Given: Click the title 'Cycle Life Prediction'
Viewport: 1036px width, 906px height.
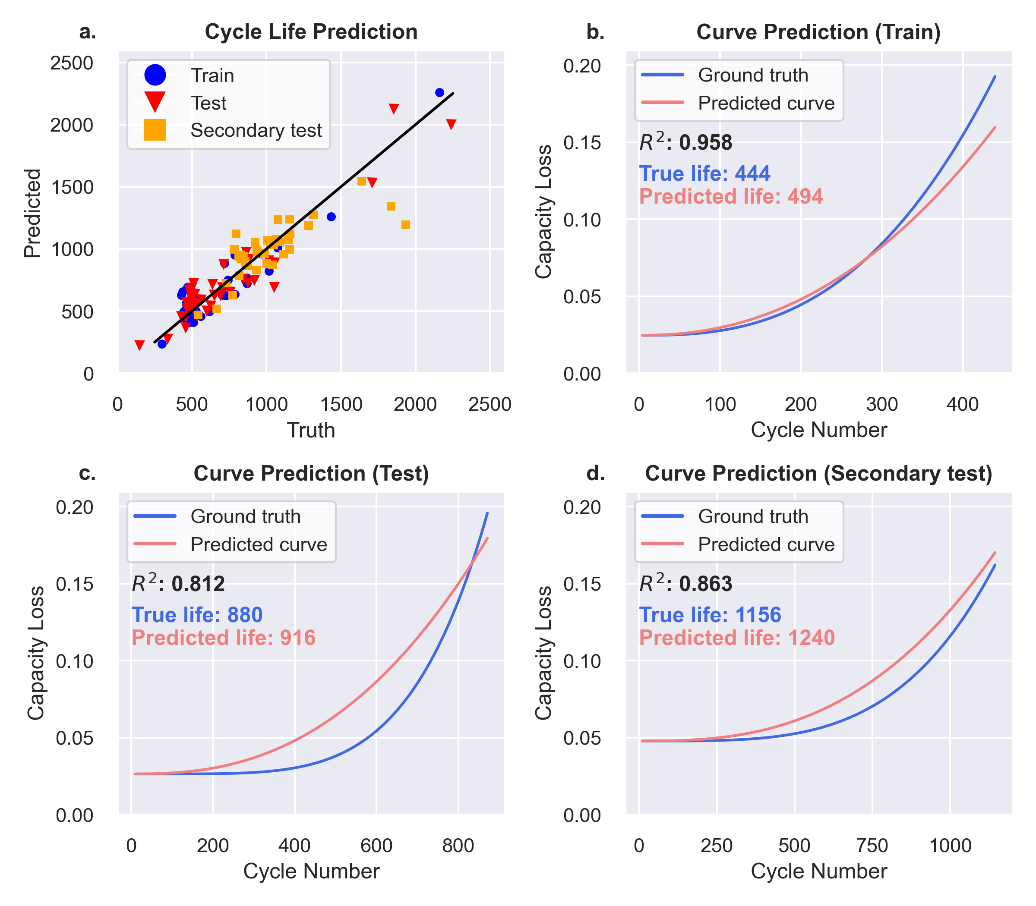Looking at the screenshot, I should (311, 32).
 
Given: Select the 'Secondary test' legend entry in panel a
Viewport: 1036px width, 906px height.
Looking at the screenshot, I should (256, 130).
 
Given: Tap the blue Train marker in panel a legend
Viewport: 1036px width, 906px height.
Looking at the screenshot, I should (155, 75).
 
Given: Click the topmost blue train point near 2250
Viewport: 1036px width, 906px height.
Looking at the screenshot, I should (439, 92).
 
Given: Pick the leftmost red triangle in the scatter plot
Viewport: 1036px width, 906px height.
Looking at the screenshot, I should (139, 345).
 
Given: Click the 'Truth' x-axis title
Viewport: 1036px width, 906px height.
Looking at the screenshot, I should (311, 430).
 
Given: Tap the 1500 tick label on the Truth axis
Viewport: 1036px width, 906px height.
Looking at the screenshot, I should (341, 405).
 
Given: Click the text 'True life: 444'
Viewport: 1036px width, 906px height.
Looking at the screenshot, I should (704, 173).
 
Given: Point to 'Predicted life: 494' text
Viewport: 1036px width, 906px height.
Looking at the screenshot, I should (731, 196).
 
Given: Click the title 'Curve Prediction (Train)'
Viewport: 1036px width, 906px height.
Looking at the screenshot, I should (818, 32).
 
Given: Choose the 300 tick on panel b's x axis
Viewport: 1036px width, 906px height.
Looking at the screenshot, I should (882, 405).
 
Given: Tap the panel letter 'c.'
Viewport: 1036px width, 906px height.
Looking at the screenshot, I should (88, 473).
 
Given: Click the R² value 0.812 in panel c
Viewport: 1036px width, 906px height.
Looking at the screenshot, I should (178, 584).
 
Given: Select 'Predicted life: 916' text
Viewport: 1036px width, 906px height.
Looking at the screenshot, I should (224, 638).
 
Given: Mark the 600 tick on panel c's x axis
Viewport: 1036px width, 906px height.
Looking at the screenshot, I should (376, 846).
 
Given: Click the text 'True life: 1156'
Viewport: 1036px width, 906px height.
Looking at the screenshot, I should (710, 615).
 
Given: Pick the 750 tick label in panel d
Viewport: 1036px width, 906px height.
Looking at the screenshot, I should (872, 846).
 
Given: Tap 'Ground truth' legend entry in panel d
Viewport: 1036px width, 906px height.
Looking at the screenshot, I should (753, 516).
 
